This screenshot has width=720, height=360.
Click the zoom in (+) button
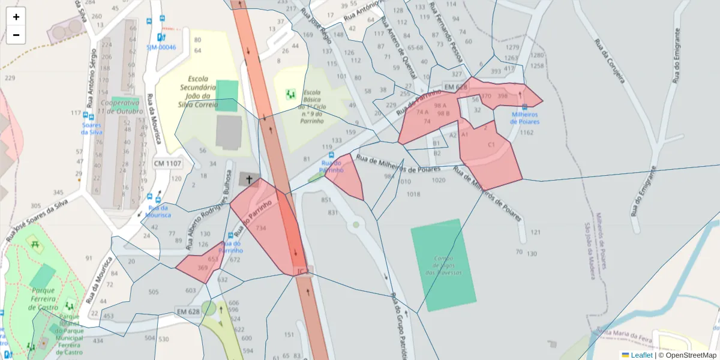coord(16,17)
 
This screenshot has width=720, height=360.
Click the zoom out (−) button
coord(16,35)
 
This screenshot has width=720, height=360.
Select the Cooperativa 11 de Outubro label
coord(121,107)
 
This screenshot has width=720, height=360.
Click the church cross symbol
coord(249,179)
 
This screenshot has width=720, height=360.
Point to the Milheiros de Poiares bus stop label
coord(524,118)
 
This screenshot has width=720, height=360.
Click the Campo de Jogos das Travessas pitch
coord(444,265)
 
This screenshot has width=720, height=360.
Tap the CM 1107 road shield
coord(167,163)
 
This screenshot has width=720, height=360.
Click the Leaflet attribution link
coord(641,355)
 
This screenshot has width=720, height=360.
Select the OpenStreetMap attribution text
coord(691,355)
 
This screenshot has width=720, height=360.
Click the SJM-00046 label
coord(161,47)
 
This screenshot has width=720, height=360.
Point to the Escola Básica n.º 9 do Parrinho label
coord(313,107)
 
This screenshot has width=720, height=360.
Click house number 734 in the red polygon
coord(260,229)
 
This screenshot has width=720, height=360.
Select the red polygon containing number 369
coord(201,264)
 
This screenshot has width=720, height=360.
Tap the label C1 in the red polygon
coord(491,145)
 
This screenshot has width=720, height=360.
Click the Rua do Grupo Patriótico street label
coord(399,324)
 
